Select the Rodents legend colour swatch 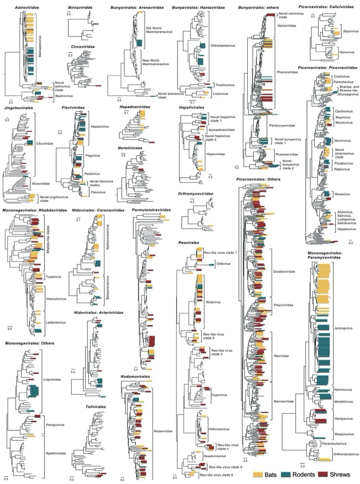pyautogui.click(x=286, y=475)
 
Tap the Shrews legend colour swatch pyautogui.click(x=323, y=475)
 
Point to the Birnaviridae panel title pyautogui.click(x=80, y=7)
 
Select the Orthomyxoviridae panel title pyautogui.click(x=195, y=194)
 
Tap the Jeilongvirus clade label pyautogui.click(x=343, y=328)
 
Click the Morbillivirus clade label pyautogui.click(x=343, y=402)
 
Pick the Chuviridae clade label pyautogui.click(x=45, y=144)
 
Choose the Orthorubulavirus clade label pyautogui.click(x=346, y=454)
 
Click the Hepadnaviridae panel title pyautogui.click(x=135, y=107)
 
